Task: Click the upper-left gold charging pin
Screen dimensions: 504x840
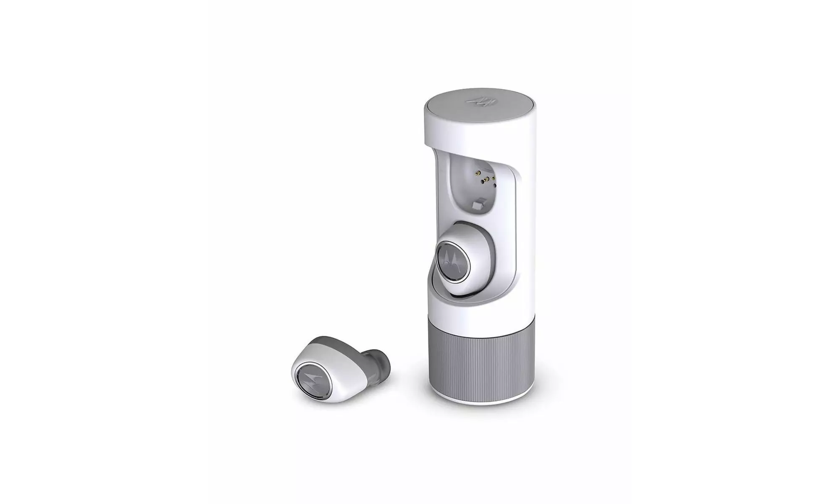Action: point(478,173)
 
